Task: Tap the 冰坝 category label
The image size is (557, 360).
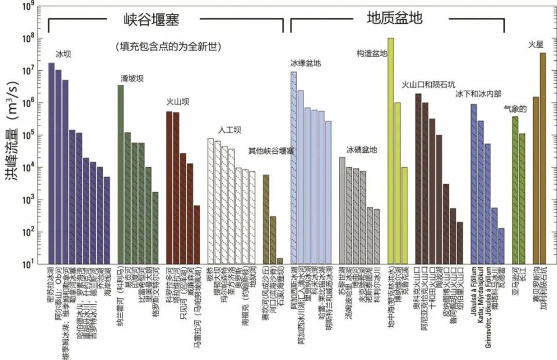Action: tap(63, 54)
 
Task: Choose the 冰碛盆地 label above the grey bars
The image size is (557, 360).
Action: tap(361, 150)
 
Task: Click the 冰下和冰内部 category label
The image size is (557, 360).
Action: tap(478, 93)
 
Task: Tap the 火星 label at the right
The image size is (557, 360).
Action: tap(536, 45)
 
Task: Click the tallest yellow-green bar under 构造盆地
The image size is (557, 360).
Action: tap(390, 151)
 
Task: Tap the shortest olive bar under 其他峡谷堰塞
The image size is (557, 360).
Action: tap(280, 261)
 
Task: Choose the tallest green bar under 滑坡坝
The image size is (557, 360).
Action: tap(121, 174)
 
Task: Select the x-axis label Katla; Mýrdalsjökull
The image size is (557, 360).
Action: tap(482, 296)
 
